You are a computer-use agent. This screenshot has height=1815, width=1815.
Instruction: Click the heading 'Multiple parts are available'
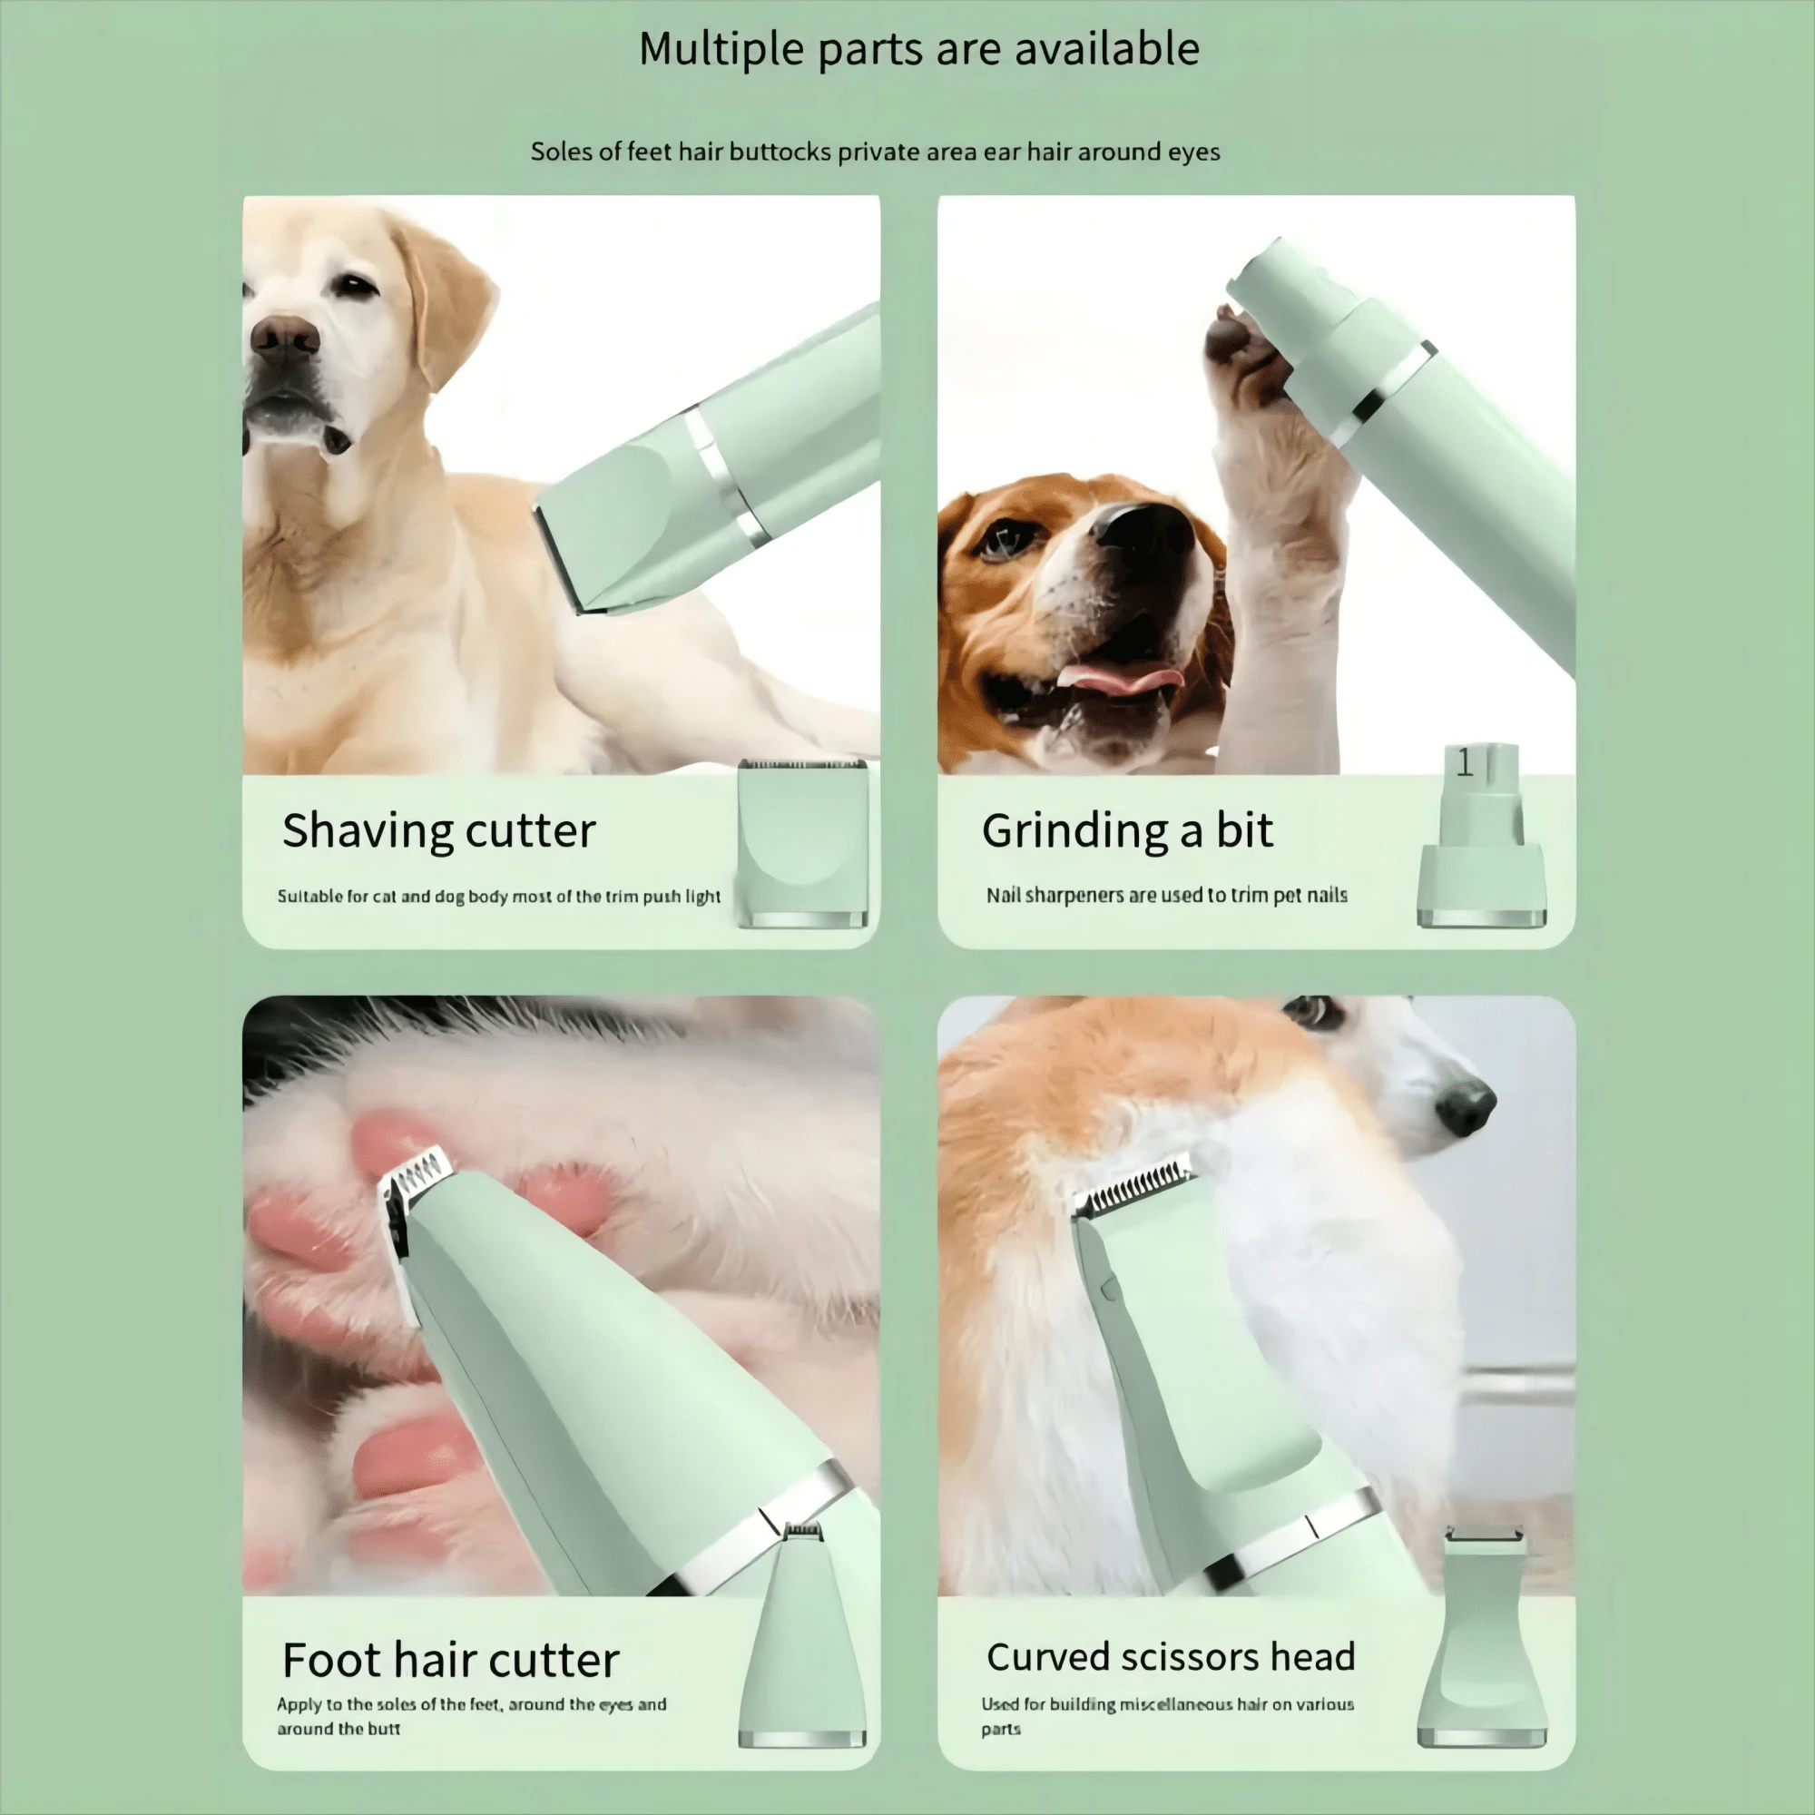click(x=917, y=49)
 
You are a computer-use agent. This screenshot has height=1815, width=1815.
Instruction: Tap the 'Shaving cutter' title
click(x=438, y=830)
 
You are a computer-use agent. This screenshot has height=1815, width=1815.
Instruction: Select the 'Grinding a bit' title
click(x=1126, y=830)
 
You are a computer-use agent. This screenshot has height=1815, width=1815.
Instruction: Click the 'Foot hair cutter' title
click(x=450, y=1660)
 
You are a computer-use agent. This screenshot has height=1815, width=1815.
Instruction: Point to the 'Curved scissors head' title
click(x=1170, y=1657)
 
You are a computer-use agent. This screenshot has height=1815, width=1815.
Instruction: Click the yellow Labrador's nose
click(x=284, y=337)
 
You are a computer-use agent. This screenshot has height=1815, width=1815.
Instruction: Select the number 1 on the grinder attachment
click(x=1465, y=763)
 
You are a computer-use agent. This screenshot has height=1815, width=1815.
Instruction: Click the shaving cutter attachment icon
click(x=802, y=843)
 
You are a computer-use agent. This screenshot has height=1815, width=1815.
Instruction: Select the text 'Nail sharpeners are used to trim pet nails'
click(x=1166, y=896)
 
